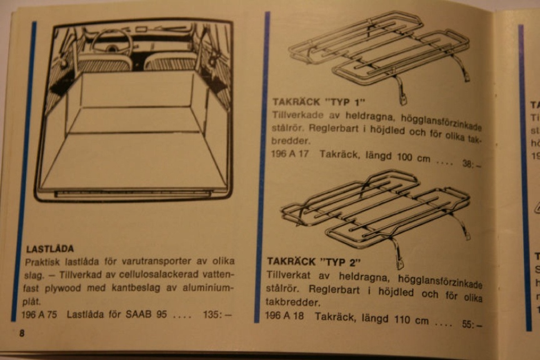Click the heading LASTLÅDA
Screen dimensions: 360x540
point(50,249)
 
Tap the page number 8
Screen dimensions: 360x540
point(21,333)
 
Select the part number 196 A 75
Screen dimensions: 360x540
point(39,315)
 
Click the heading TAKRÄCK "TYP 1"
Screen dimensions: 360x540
point(319,101)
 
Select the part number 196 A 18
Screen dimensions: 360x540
point(286,316)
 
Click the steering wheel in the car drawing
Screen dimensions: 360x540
point(111,42)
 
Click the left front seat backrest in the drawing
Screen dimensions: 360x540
point(104,62)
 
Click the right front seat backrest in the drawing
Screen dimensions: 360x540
point(170,63)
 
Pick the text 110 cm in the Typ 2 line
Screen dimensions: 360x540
point(411,321)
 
